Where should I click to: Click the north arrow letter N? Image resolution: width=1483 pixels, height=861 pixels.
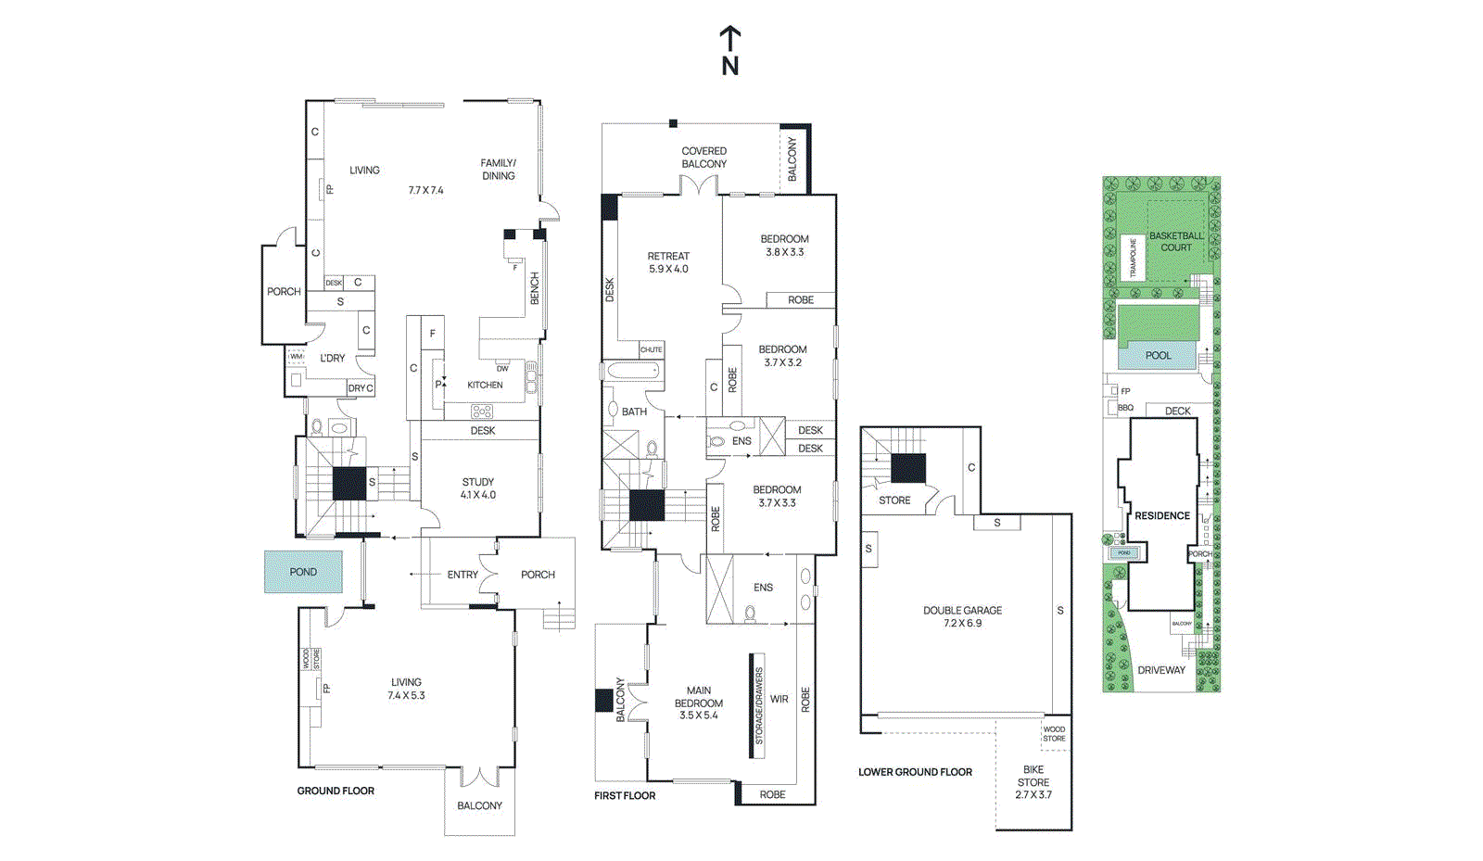pyautogui.click(x=730, y=66)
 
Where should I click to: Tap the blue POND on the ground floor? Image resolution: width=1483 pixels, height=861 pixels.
pyautogui.click(x=303, y=572)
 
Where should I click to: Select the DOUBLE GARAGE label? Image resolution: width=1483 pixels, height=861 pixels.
pyautogui.click(x=962, y=616)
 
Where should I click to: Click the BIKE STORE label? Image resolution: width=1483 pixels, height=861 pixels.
pyautogui.click(x=1033, y=782)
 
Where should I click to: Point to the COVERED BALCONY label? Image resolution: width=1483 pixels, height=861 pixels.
pyautogui.click(x=704, y=158)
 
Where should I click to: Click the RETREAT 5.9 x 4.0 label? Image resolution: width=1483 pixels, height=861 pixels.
pyautogui.click(x=668, y=262)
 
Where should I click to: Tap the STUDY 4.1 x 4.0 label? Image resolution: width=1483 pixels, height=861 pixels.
pyautogui.click(x=478, y=488)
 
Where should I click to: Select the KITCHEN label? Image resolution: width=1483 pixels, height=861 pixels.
pyautogui.click(x=485, y=385)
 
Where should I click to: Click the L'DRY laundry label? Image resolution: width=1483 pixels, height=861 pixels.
pyautogui.click(x=333, y=358)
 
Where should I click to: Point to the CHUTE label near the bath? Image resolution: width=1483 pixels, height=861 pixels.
pyautogui.click(x=652, y=349)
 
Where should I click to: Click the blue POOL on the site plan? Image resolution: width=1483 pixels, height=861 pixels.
pyautogui.click(x=1158, y=355)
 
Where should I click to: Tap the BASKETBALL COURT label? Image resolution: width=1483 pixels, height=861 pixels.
pyautogui.click(x=1176, y=241)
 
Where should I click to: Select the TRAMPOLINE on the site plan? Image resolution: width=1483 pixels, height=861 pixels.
pyautogui.click(x=1133, y=258)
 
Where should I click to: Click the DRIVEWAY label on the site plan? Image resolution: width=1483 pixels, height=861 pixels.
pyautogui.click(x=1161, y=670)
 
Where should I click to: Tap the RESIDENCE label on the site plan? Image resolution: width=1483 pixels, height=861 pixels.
pyautogui.click(x=1162, y=515)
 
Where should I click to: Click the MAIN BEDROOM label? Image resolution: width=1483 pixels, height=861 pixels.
pyautogui.click(x=699, y=703)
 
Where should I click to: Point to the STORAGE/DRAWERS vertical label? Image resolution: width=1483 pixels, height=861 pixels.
pyautogui.click(x=758, y=706)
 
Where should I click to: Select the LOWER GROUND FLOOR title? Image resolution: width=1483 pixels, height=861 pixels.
pyautogui.click(x=915, y=772)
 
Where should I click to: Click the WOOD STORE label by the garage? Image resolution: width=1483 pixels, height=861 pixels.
pyautogui.click(x=1054, y=734)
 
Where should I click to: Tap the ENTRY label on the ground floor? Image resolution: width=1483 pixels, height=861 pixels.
pyautogui.click(x=463, y=575)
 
